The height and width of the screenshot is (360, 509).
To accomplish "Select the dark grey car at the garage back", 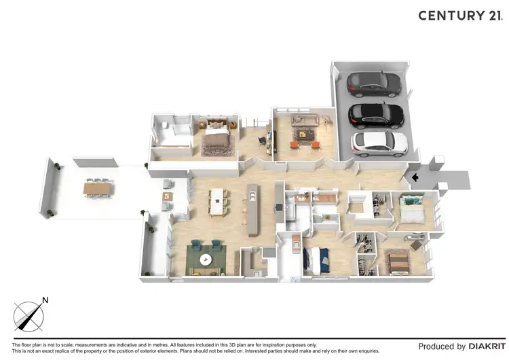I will tap(373, 84).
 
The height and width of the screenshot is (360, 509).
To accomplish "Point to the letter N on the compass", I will tap(45, 300).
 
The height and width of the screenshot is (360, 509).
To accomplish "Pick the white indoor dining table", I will tap(218, 200).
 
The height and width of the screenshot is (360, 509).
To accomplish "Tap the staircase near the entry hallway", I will tap(358, 204).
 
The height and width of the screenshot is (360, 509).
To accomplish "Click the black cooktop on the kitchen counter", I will tap(277, 206).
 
